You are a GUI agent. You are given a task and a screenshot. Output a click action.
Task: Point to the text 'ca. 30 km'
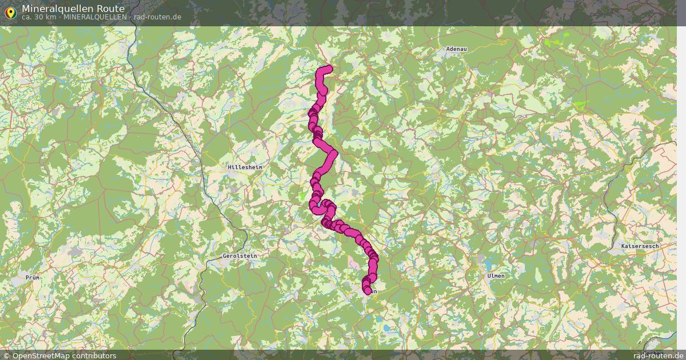pos(39,17)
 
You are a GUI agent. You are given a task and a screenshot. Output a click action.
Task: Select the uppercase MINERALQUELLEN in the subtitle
pos(95,17)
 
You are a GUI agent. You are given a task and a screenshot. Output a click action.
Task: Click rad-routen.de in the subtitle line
pos(157,17)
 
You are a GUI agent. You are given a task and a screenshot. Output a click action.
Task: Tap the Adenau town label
pos(456,49)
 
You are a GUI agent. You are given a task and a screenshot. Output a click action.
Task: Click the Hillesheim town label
pos(245,167)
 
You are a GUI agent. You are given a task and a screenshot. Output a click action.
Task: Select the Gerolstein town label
pos(240,256)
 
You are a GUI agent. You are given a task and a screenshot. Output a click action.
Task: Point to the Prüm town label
pos(32,277)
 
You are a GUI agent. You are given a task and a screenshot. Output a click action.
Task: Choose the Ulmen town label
pos(496,275)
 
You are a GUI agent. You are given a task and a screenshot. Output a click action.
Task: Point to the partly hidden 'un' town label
pos(374,291)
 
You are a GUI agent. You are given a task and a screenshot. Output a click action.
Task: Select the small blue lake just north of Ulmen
pos(489,265)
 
